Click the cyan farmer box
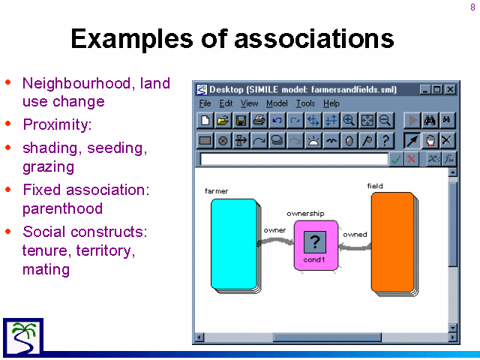click(x=234, y=244)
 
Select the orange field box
click(x=393, y=242)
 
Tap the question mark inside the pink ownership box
click(x=315, y=241)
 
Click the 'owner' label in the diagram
click(x=274, y=230)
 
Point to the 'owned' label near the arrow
click(x=355, y=235)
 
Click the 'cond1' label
click(x=314, y=259)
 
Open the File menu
click(x=205, y=103)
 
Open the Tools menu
click(x=305, y=103)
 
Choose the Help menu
click(x=331, y=103)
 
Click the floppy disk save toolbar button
click(x=241, y=120)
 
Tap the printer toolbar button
click(x=259, y=120)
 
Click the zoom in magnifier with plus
click(x=349, y=120)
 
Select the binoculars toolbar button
click(x=430, y=120)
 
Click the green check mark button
click(x=396, y=159)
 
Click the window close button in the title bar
click(x=450, y=89)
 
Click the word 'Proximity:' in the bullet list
click(x=57, y=124)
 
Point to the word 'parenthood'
click(x=62, y=208)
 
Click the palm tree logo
click(x=23, y=337)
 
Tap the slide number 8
click(x=473, y=7)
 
